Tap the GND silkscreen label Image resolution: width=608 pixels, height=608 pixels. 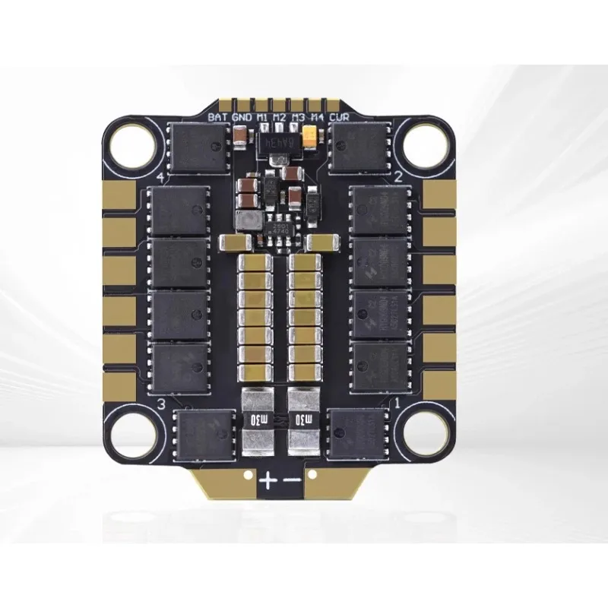click(241, 117)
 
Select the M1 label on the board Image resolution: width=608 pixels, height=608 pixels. click(261, 117)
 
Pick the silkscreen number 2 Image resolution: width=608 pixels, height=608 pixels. click(397, 176)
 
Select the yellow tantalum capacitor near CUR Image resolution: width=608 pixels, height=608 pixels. click(310, 135)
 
